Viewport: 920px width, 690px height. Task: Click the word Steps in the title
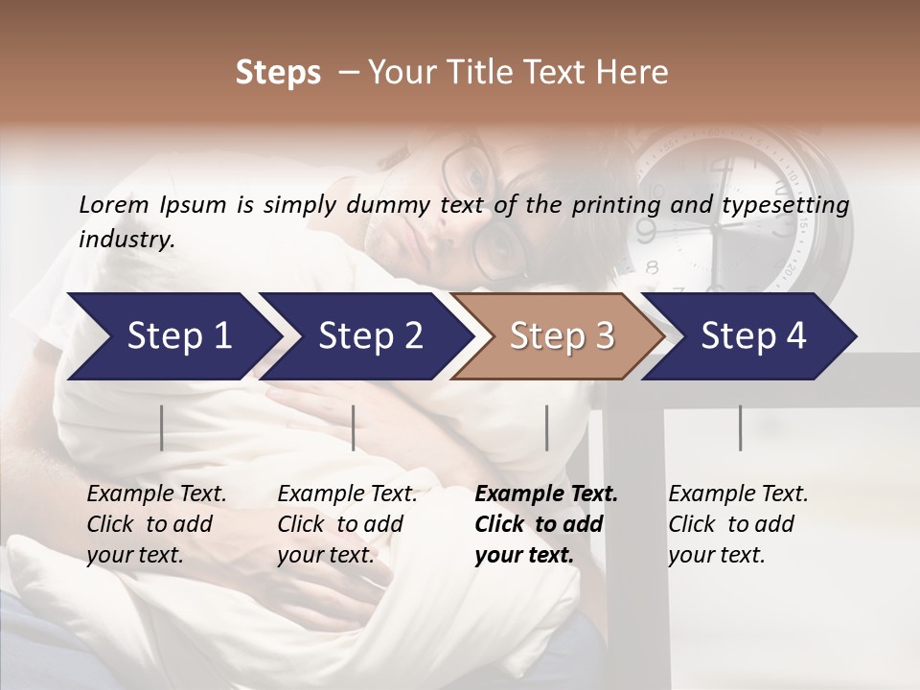coord(278,73)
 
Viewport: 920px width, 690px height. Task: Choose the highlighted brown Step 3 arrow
coord(560,336)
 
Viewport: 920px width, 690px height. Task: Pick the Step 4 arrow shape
coord(752,336)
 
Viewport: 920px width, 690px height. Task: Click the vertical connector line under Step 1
coord(162,427)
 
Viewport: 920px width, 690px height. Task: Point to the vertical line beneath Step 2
coord(354,427)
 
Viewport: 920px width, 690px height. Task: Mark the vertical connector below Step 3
coord(547,427)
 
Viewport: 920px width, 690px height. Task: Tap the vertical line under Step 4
coord(741,427)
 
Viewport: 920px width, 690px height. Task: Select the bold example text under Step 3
coord(546,524)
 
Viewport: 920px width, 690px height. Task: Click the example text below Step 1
coord(156,524)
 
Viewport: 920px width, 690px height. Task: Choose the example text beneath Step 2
coord(347,524)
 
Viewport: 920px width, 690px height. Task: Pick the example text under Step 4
coord(738,524)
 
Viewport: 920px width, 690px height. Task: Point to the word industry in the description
coord(126,240)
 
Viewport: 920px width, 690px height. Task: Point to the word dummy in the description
coord(388,205)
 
